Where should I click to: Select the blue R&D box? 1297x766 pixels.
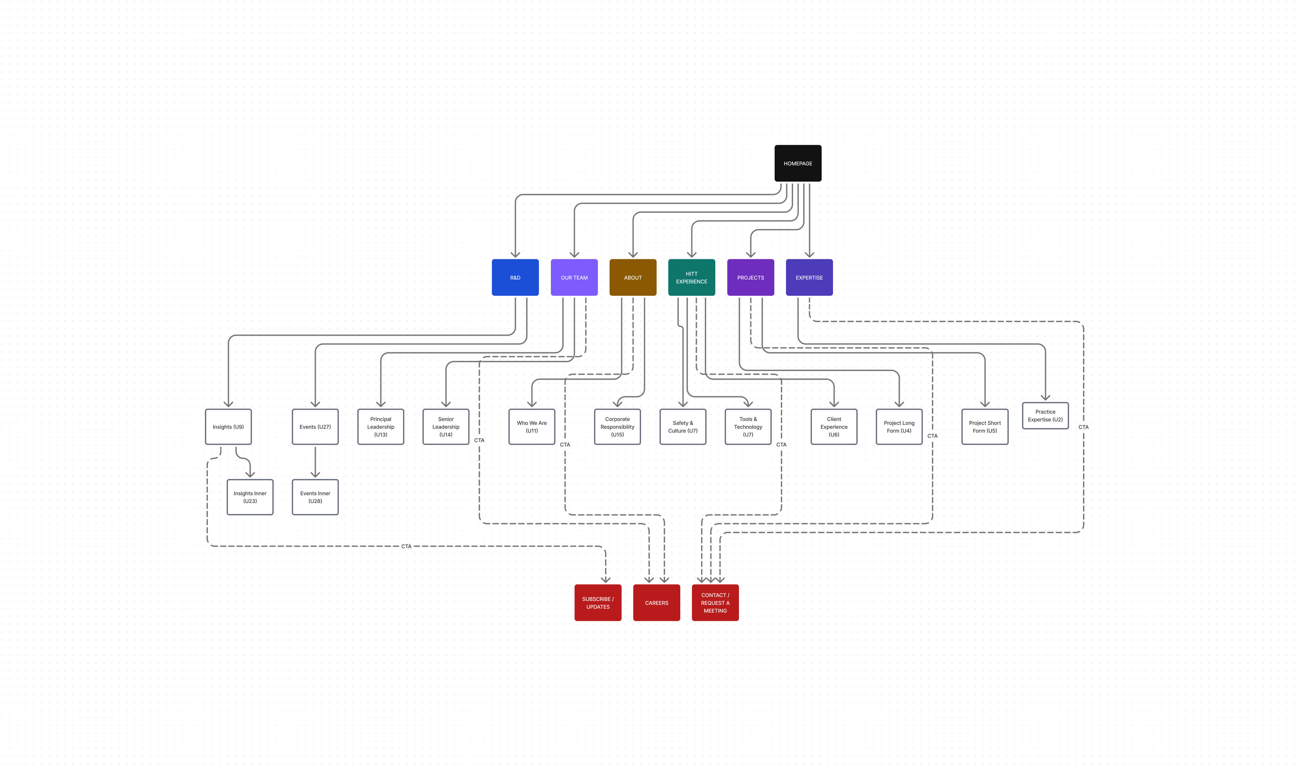coord(515,277)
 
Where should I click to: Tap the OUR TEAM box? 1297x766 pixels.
coord(574,277)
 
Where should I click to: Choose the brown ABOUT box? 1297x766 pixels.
coord(633,277)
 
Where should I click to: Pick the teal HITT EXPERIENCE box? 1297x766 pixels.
coord(692,277)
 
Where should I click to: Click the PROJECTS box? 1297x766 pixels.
coord(750,277)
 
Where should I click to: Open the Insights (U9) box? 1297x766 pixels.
coord(228,427)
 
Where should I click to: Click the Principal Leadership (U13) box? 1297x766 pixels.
coord(380,427)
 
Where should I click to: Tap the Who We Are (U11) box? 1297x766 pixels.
coord(531,427)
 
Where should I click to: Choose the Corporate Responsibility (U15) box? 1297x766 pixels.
coord(617,427)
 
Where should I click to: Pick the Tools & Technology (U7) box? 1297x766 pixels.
coord(748,427)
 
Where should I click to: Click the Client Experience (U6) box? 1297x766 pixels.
coord(834,427)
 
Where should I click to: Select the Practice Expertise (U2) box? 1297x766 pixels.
coord(1045,415)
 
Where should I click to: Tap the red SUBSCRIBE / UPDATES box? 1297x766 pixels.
coord(598,602)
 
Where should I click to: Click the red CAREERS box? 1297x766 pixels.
coord(657,602)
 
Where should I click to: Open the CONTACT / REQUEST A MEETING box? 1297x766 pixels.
coord(715,602)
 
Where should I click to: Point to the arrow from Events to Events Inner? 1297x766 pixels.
coord(315,462)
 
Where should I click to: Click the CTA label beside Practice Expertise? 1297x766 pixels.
coord(1083,427)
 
